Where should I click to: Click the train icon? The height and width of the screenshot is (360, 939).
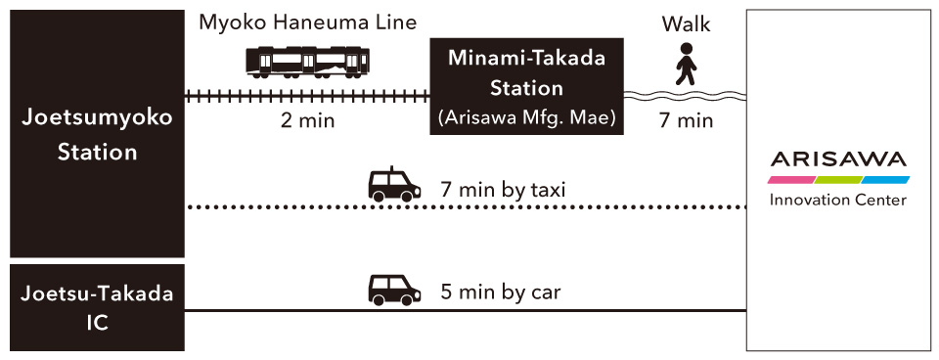[307, 62]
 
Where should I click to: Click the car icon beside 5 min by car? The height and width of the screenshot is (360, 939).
[394, 289]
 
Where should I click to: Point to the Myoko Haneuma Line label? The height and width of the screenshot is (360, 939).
[307, 22]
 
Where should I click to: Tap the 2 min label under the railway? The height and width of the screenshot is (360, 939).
[307, 121]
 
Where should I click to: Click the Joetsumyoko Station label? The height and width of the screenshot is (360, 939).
[98, 135]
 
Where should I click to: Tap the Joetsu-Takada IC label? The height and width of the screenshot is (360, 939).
[98, 306]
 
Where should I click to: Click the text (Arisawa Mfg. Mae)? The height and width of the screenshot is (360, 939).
[527, 117]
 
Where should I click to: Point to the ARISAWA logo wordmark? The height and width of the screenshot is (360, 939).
[838, 159]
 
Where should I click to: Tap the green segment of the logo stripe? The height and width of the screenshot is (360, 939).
[838, 180]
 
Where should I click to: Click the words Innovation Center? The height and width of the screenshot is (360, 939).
[838, 201]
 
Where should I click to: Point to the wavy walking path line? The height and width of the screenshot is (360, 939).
[685, 96]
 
